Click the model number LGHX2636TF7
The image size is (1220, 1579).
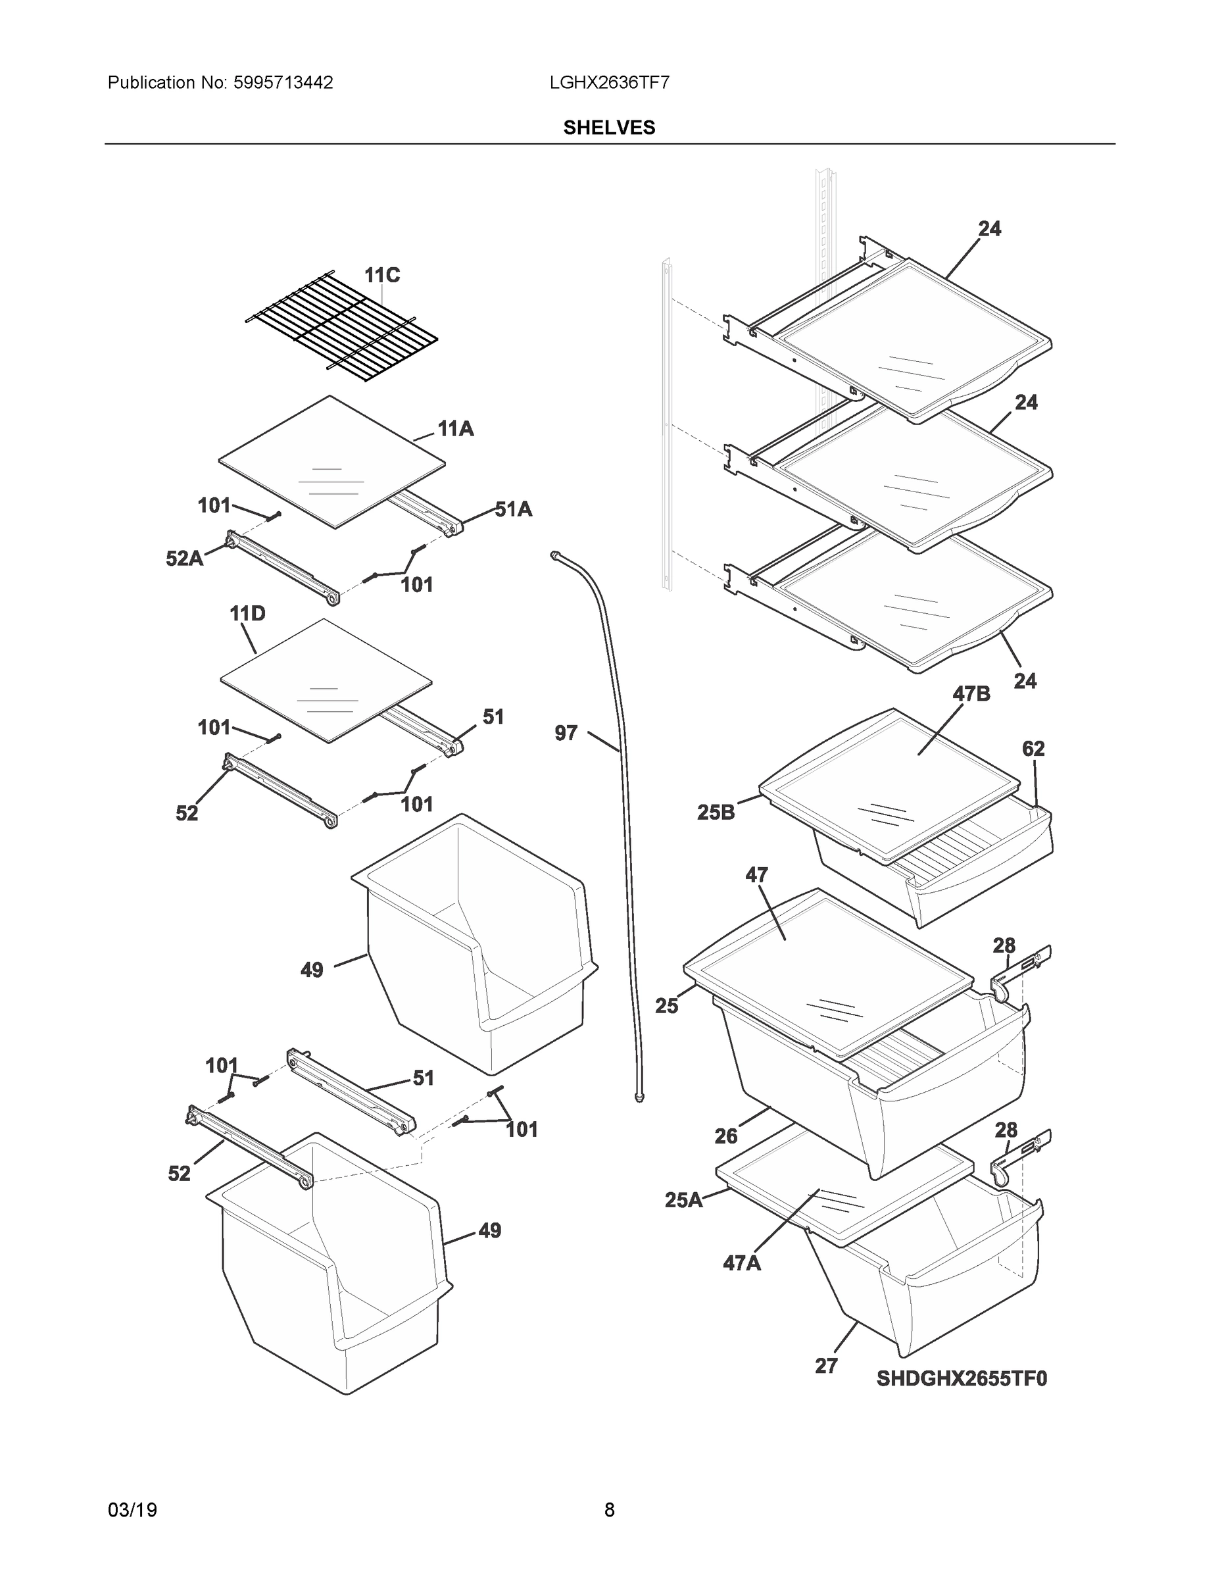[608, 82]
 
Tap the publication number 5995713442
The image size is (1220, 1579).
[283, 82]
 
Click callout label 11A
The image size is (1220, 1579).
[455, 430]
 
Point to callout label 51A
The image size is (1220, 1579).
[513, 510]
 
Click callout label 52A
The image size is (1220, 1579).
[184, 558]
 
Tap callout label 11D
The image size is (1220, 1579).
[247, 614]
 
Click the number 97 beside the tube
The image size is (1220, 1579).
[566, 733]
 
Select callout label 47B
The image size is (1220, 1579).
[971, 694]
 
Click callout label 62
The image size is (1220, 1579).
[1033, 749]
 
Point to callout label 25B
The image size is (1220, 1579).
[716, 813]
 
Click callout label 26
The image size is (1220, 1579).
[725, 1136]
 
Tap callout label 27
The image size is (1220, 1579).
[826, 1366]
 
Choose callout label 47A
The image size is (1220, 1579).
[742, 1263]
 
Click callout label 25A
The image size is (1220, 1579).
[683, 1200]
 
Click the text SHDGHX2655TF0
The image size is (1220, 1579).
[962, 1379]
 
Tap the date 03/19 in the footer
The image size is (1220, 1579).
[132, 1510]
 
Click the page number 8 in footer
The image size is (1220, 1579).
[609, 1510]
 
